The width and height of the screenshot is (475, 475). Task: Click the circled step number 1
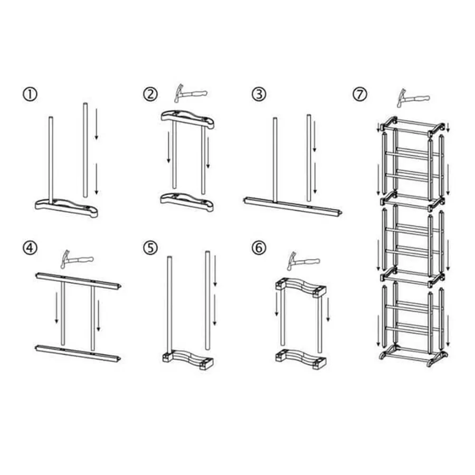30,94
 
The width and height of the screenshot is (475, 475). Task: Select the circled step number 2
150,94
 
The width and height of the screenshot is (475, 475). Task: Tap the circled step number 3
259,94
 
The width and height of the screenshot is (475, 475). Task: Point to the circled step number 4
30,249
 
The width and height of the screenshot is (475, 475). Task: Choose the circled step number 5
150,248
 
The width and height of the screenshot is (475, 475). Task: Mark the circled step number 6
259,248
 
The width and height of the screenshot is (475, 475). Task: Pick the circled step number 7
360,94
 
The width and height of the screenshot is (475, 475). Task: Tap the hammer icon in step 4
77,259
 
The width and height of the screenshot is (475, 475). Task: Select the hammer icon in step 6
303,261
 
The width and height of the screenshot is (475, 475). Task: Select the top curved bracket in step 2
187,119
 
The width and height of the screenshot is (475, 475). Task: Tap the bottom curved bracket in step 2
187,202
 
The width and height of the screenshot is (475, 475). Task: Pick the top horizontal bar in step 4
78,281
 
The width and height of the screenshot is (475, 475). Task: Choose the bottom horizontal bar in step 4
78,353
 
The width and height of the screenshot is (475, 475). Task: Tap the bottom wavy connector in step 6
301,359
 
